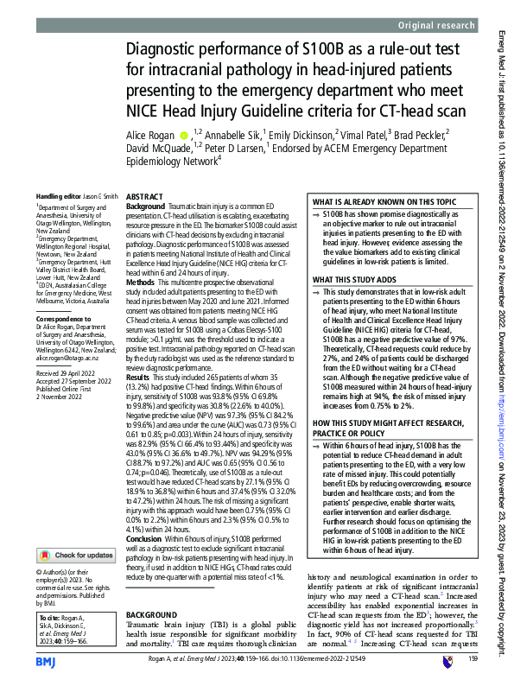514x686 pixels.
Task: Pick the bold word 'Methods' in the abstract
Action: click(141, 283)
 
